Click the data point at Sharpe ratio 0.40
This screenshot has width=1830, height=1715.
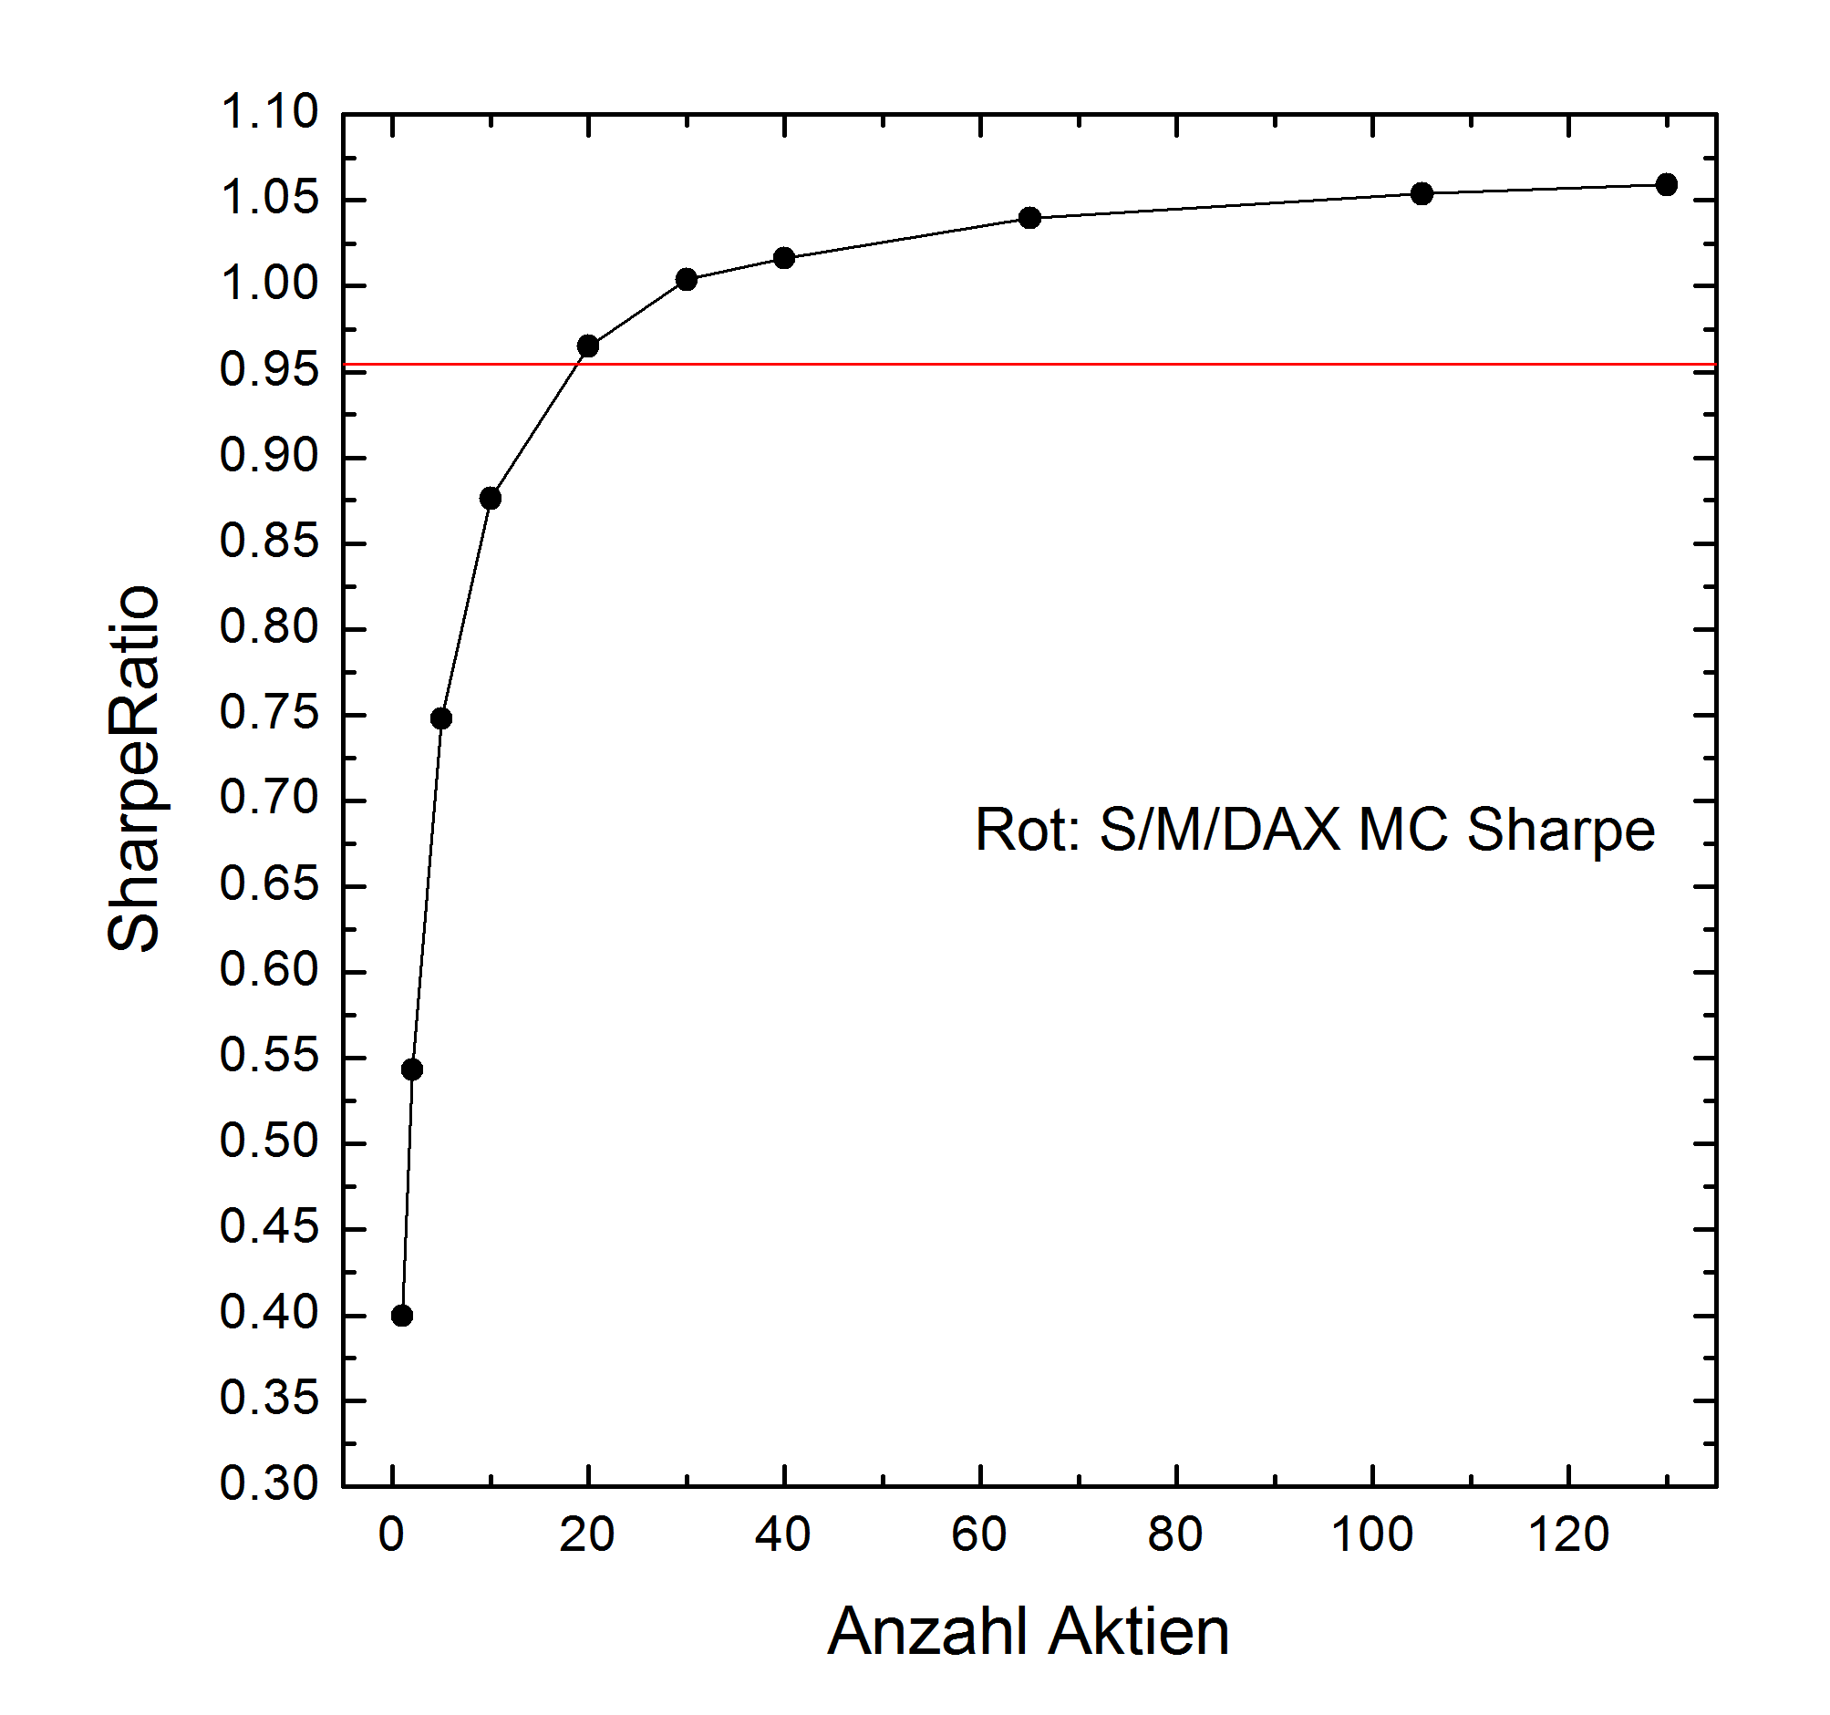pos(402,1316)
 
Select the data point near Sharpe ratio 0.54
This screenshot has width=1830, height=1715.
pos(412,1069)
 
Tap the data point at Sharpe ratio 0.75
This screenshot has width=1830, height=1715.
pos(441,719)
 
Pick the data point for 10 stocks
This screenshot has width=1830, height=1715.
pos(491,499)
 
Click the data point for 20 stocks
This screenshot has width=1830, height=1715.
pos(588,346)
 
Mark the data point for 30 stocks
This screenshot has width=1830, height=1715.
pos(687,280)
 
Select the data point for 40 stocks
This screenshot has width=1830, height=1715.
pos(784,258)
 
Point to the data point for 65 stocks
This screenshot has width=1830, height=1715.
pos(1030,218)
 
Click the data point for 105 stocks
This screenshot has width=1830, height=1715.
pos(1422,193)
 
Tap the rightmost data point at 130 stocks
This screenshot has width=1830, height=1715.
pos(1667,185)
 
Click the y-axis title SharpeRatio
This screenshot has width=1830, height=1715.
pos(134,769)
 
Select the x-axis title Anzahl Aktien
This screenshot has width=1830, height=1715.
pos(1029,1631)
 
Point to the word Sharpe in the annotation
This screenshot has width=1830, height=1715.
pos(1560,831)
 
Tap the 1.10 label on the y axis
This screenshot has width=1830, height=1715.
pos(269,113)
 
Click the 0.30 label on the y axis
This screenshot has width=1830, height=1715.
pos(269,1484)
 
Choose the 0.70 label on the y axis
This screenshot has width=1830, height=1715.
pos(269,798)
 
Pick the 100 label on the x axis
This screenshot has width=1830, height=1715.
pos(1371,1534)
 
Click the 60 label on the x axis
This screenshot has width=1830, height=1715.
pos(979,1534)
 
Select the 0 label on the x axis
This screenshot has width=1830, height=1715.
pos(392,1534)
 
